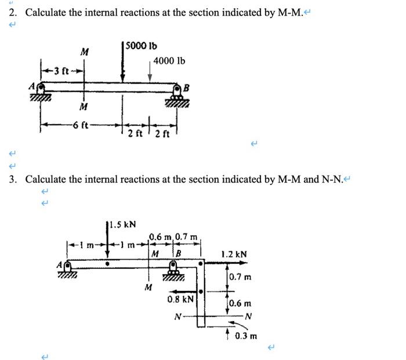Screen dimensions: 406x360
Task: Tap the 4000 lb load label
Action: [169, 60]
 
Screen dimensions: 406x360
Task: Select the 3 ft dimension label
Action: [61, 71]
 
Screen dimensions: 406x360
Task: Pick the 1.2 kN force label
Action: [234, 254]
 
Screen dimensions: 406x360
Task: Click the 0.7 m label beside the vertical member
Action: [240, 277]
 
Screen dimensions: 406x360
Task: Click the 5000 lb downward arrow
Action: [122, 64]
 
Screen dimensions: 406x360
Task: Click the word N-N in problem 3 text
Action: [331, 179]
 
